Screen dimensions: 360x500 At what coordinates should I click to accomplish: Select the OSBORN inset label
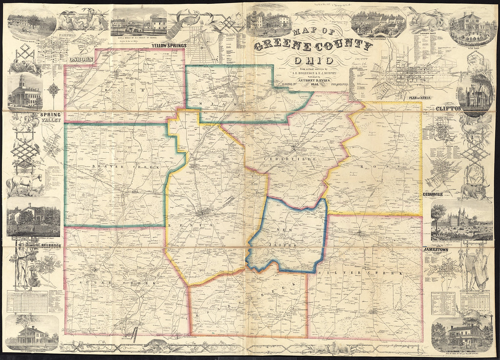point(81,58)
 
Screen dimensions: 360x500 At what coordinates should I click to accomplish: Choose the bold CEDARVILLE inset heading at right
point(440,194)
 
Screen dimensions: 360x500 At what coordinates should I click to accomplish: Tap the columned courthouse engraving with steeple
point(24,91)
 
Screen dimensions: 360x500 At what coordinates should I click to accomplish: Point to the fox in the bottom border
point(155,343)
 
